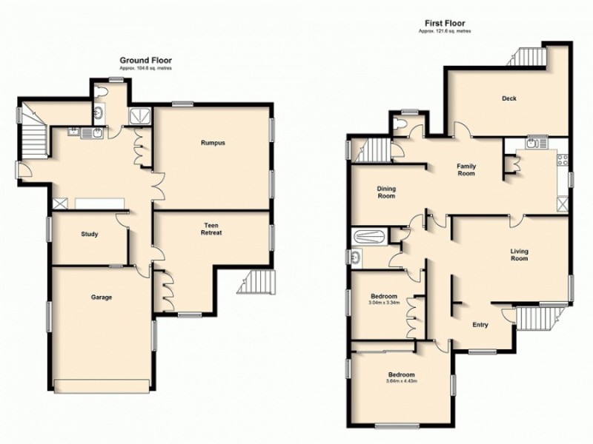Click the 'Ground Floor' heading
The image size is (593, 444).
pos(147,60)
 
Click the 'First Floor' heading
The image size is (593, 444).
pos(445,23)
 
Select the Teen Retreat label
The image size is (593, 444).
pos(212,228)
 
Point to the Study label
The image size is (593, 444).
pos(90,235)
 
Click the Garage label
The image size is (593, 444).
pos(102,297)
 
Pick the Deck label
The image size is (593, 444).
pos(508,98)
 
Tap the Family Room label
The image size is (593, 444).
pos(466,169)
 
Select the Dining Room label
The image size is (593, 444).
pos(386,192)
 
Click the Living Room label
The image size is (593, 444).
pos(519,255)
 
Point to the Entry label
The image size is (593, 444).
pos(481,325)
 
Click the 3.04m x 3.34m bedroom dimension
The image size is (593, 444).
pos(384,301)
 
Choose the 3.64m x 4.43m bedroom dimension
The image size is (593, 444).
pos(402,381)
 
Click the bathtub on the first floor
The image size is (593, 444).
pos(369,238)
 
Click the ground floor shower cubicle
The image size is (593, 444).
pos(139,115)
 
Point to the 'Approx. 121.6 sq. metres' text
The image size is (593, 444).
pos(445,31)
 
